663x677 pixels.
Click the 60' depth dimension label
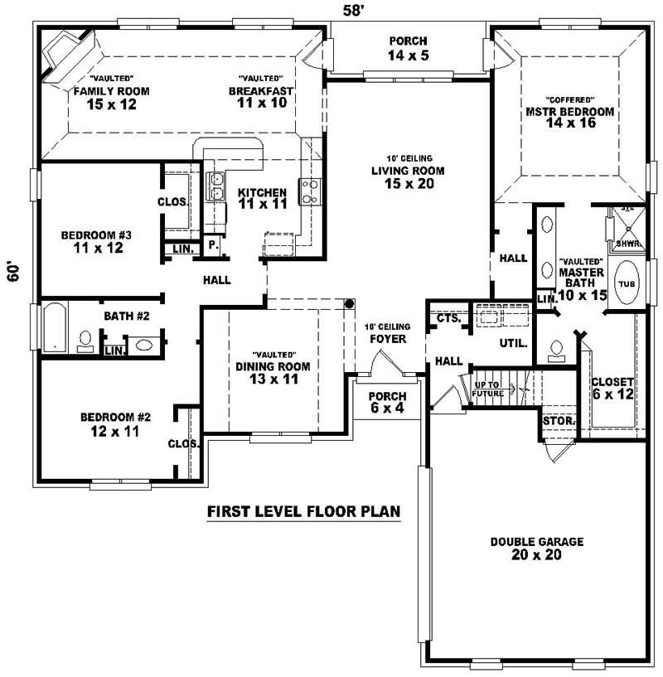coord(14,273)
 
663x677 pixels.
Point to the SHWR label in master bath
coord(627,244)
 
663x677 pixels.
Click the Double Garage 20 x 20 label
coord(536,548)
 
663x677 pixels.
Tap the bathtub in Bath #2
coord(55,327)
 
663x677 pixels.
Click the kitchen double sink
coord(215,186)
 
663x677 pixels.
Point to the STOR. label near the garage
coord(559,421)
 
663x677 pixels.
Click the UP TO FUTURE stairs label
coord(488,389)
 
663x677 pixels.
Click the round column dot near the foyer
coord(350,303)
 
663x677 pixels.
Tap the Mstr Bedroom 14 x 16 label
coord(569,117)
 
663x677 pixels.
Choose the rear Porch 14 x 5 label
coord(407,48)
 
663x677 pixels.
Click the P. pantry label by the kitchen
coord(212,245)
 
